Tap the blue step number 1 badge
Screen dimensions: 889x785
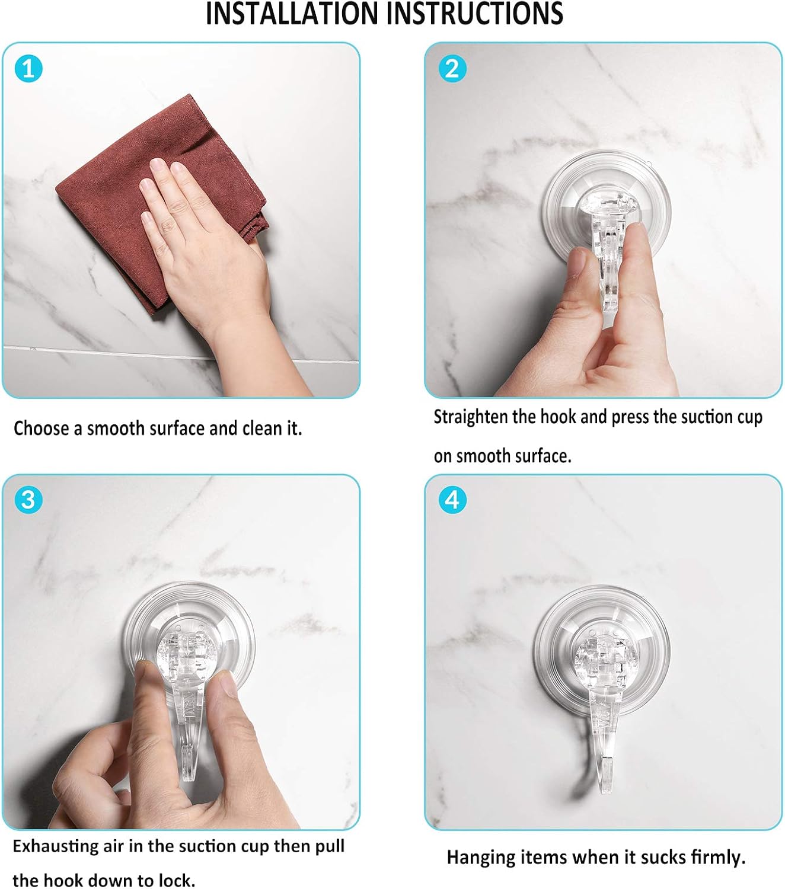pos(28,69)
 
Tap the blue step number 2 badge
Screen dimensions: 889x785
pos(452,69)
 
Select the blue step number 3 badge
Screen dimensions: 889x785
pos(28,500)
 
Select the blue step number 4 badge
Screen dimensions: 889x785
pos(452,500)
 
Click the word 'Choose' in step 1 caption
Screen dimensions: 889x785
pos(40,428)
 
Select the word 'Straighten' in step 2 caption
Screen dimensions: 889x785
pos(471,417)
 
